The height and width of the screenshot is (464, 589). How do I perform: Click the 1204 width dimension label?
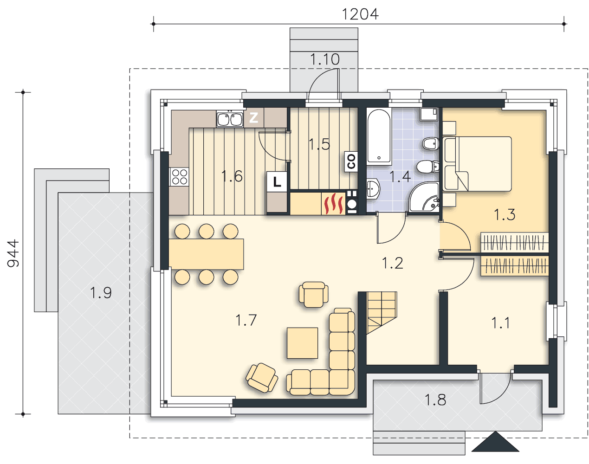360,14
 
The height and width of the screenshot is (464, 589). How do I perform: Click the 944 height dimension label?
13,254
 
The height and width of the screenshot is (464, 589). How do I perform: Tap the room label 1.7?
246,320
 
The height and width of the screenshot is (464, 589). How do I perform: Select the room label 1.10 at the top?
324,59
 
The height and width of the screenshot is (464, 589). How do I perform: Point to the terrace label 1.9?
101,292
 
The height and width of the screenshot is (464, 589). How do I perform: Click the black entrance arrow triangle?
495,442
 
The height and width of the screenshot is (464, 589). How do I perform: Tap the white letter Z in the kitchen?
254,118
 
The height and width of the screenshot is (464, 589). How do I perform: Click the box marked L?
277,181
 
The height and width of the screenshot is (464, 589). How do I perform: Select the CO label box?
351,161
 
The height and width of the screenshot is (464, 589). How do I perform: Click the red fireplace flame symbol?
333,204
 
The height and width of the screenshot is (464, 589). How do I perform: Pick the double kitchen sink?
230,119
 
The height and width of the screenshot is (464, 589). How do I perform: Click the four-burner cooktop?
179,177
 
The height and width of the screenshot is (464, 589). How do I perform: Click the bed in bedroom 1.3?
477,164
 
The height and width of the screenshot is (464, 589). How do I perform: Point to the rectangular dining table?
206,254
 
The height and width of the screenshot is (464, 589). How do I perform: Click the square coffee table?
302,343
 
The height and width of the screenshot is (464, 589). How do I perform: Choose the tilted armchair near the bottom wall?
262,378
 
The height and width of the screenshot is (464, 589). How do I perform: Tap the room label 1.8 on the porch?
435,400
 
